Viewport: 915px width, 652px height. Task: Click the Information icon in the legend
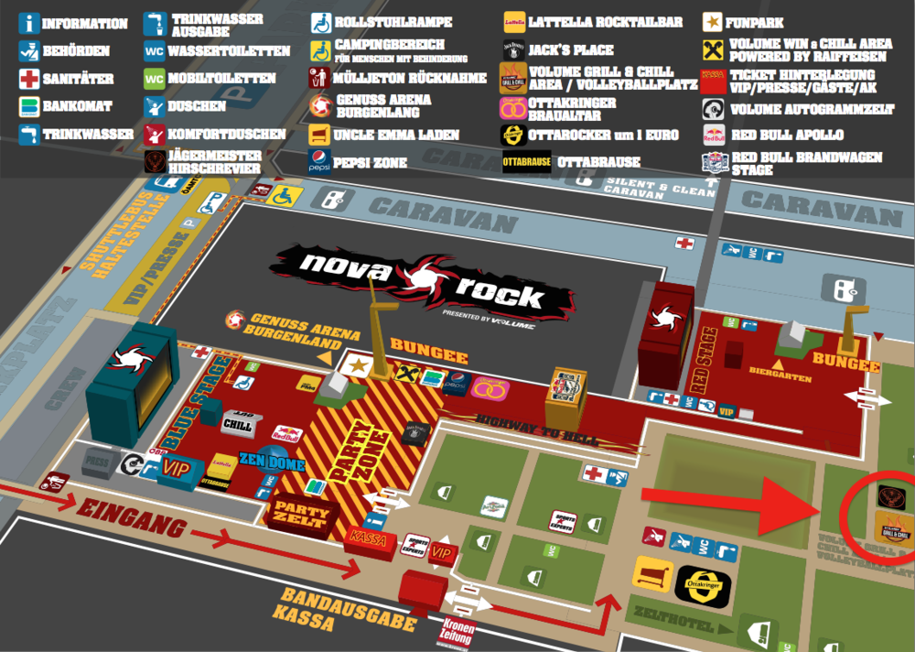pos(28,23)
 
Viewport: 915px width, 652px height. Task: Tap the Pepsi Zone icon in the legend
pos(319,161)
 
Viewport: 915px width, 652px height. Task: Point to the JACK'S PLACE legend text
pos(571,50)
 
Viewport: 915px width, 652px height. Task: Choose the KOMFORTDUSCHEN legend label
pos(227,135)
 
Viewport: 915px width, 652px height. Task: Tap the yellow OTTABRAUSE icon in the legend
pos(527,162)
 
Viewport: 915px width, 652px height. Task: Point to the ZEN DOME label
pos(273,462)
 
